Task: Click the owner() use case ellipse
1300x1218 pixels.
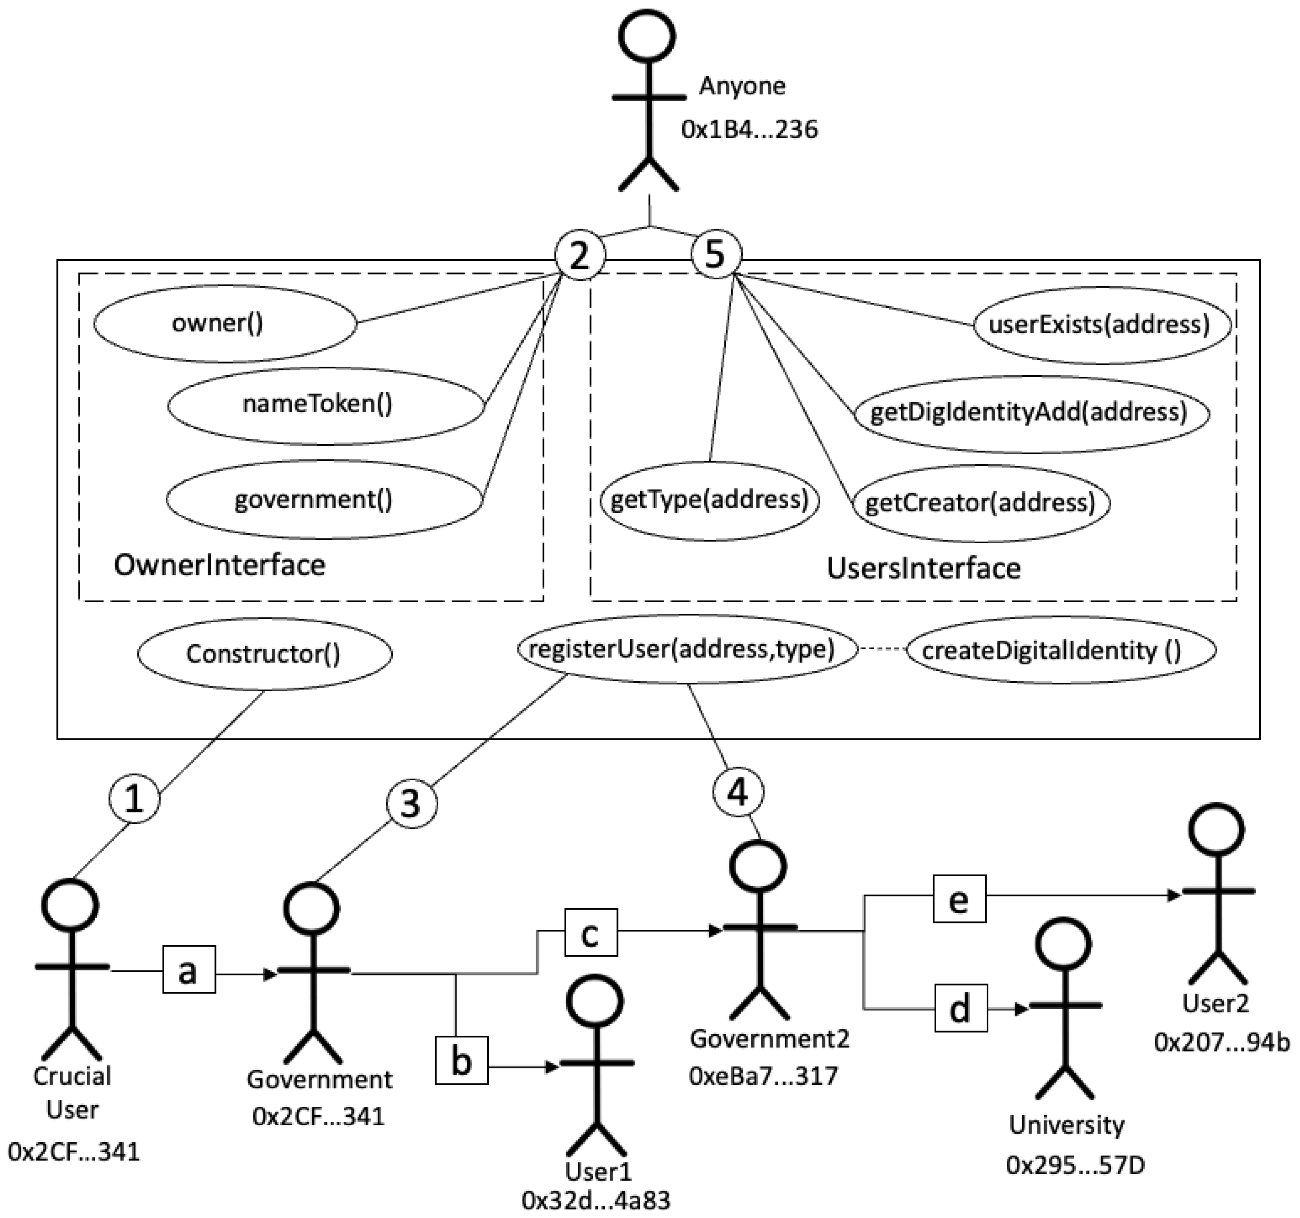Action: pos(225,323)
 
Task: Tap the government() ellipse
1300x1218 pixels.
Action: pos(324,499)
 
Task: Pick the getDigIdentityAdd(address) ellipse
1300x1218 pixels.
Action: pos(1031,413)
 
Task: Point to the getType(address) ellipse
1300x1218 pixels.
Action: pos(710,501)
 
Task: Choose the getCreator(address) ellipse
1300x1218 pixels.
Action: pos(981,503)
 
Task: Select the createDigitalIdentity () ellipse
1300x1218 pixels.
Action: pos(1060,650)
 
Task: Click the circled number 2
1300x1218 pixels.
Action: pos(579,255)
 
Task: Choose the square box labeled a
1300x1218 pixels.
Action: pos(188,970)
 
